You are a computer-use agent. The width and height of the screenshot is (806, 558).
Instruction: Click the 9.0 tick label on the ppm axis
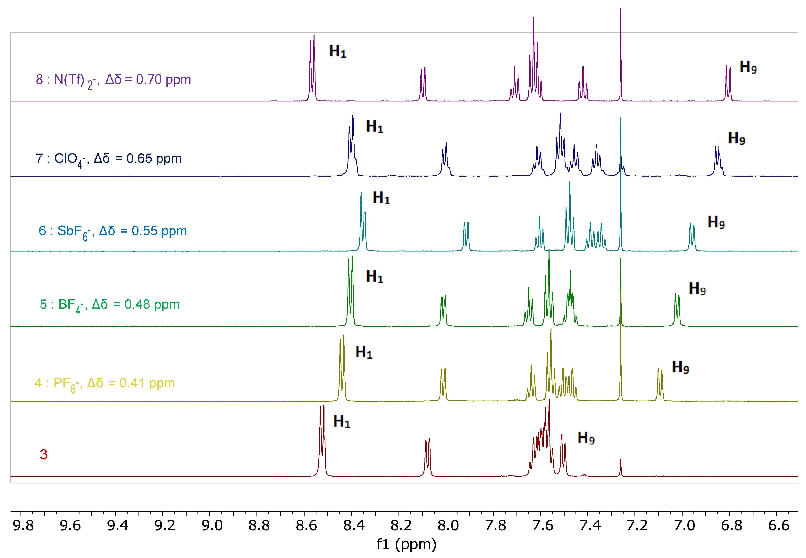pos(212,525)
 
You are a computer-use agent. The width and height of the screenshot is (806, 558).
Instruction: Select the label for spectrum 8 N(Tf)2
pos(113,80)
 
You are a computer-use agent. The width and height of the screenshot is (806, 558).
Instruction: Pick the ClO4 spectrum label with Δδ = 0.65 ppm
pos(108,159)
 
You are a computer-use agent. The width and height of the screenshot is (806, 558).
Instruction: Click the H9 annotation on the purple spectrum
pos(748,67)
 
